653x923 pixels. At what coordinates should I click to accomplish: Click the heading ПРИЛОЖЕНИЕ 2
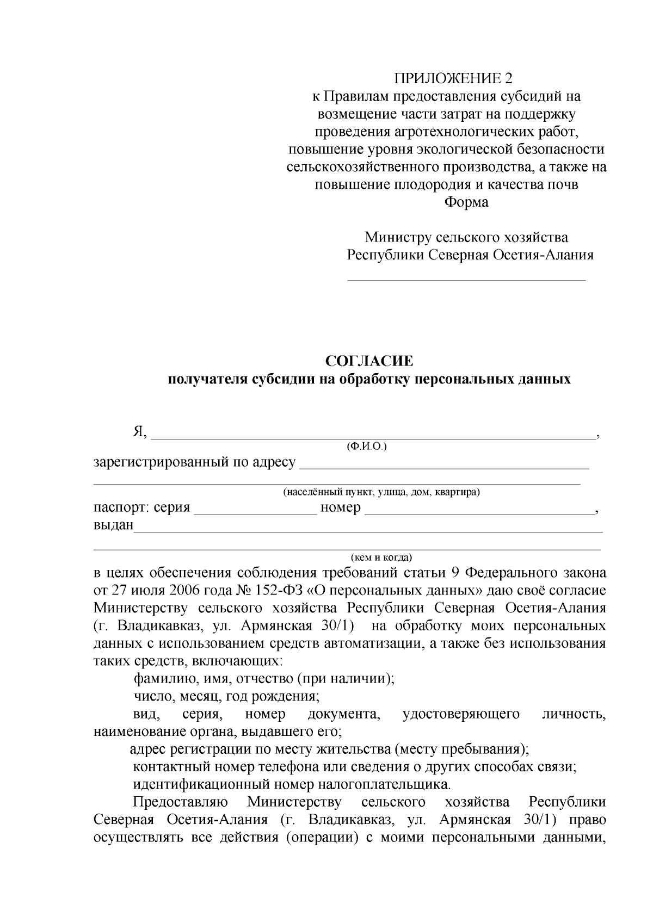[x=453, y=79]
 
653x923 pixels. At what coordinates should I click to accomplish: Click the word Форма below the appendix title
[x=466, y=202]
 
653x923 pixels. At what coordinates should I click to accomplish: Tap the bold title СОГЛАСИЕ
[x=369, y=361]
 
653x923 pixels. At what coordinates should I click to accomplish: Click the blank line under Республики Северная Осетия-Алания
[x=466, y=279]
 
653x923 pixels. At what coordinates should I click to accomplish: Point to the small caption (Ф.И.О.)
[x=366, y=446]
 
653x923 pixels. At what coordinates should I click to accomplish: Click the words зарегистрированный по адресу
[x=195, y=462]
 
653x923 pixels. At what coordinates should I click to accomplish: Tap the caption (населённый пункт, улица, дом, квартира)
[x=381, y=492]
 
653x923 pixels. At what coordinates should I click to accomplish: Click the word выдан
[x=113, y=526]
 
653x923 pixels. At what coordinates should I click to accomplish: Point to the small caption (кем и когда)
[x=381, y=557]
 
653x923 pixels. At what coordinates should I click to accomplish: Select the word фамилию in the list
[x=161, y=679]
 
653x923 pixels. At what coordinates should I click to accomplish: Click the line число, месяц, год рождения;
[x=226, y=696]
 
